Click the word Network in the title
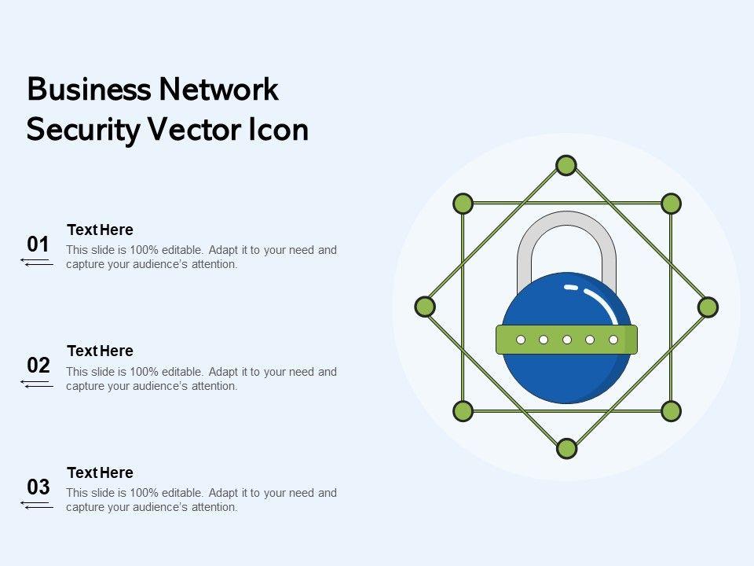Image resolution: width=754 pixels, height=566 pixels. (x=219, y=90)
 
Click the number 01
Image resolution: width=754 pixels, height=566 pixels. (x=38, y=244)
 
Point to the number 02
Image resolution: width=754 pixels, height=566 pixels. (x=38, y=366)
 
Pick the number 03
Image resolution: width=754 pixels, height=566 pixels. (x=38, y=487)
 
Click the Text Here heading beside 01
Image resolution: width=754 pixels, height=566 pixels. (x=100, y=230)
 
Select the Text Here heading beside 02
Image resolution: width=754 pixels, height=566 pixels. (x=100, y=351)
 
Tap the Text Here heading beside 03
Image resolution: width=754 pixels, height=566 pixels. (x=100, y=472)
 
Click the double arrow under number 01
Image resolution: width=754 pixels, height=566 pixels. (x=37, y=262)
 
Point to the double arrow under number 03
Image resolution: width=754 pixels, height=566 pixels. (x=37, y=505)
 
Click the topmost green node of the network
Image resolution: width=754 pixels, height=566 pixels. (x=566, y=165)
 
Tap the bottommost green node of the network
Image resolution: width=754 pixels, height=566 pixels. (x=566, y=449)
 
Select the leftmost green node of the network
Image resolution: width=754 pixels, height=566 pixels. (x=425, y=307)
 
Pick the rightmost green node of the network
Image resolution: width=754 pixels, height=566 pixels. (x=708, y=307)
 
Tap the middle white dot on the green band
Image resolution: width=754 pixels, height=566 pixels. (x=566, y=340)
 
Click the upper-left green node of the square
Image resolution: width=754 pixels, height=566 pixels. (x=463, y=204)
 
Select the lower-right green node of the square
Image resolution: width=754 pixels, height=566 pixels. (x=670, y=410)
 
